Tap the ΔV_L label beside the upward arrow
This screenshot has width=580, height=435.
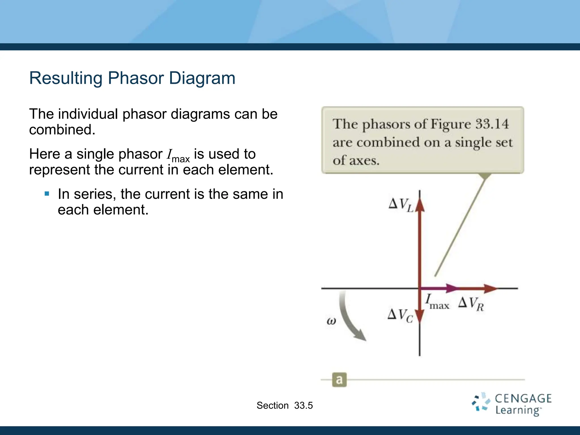pyautogui.click(x=401, y=205)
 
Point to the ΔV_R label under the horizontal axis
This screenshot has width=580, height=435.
pyautogui.click(x=471, y=304)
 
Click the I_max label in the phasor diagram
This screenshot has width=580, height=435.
pyautogui.click(x=437, y=302)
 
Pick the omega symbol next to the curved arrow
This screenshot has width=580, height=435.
pyautogui.click(x=331, y=321)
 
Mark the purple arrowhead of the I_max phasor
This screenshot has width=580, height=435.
pyautogui.click(x=453, y=288)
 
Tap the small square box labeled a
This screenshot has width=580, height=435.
pyautogui.click(x=339, y=379)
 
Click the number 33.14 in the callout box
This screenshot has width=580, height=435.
pyautogui.click(x=492, y=124)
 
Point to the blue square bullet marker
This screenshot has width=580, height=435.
pyautogui.click(x=47, y=194)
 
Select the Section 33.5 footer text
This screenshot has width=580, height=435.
pyautogui.click(x=285, y=406)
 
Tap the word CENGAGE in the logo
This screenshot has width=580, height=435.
pyautogui.click(x=523, y=399)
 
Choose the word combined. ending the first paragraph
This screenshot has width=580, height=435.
pyautogui.click(x=62, y=130)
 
